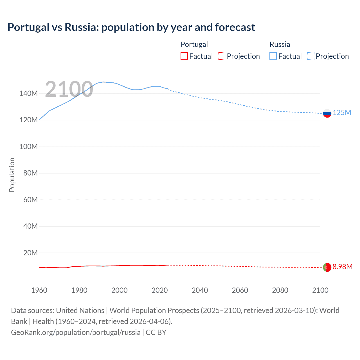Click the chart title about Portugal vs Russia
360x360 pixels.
pos(131,27)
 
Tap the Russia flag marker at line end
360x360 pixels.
pos(327,113)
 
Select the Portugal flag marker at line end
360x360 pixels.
pos(327,267)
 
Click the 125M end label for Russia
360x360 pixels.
pos(342,113)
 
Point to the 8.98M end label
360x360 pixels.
pos(342,267)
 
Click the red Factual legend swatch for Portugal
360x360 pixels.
pos(184,56)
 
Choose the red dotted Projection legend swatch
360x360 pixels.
pos(222,56)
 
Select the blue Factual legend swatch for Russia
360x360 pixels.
pos(273,56)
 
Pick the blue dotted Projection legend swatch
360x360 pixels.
pos(310,56)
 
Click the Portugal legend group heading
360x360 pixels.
pos(194,44)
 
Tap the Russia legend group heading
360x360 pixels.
pos(280,44)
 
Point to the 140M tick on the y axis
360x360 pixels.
pos(28,94)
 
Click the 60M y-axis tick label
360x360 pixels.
pos(30,200)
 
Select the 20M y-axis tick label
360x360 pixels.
pos(30,253)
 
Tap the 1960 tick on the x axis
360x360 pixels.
pos(39,290)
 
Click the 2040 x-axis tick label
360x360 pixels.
pos(200,290)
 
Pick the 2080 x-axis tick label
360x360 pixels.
pos(280,290)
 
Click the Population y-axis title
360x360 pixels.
pos(12,175)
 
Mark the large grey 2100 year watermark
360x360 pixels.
pos(69,89)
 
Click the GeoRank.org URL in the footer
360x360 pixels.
pos(76,332)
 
